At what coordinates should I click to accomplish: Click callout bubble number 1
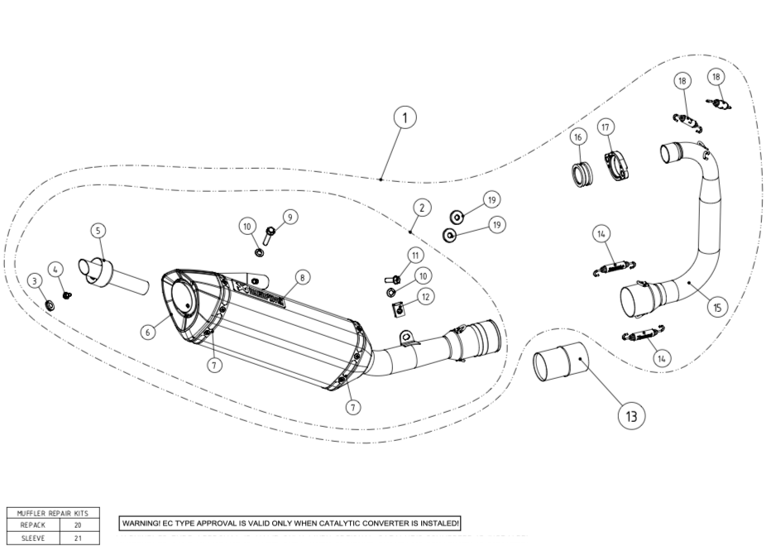(405, 119)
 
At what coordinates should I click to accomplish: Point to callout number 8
(303, 276)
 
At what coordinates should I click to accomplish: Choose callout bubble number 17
(606, 127)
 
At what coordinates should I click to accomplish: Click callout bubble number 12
(424, 296)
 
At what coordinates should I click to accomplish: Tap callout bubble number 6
(147, 332)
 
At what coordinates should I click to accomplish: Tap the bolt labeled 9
(269, 237)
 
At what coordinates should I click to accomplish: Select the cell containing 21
(78, 538)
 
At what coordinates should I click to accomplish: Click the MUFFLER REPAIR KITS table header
(53, 514)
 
